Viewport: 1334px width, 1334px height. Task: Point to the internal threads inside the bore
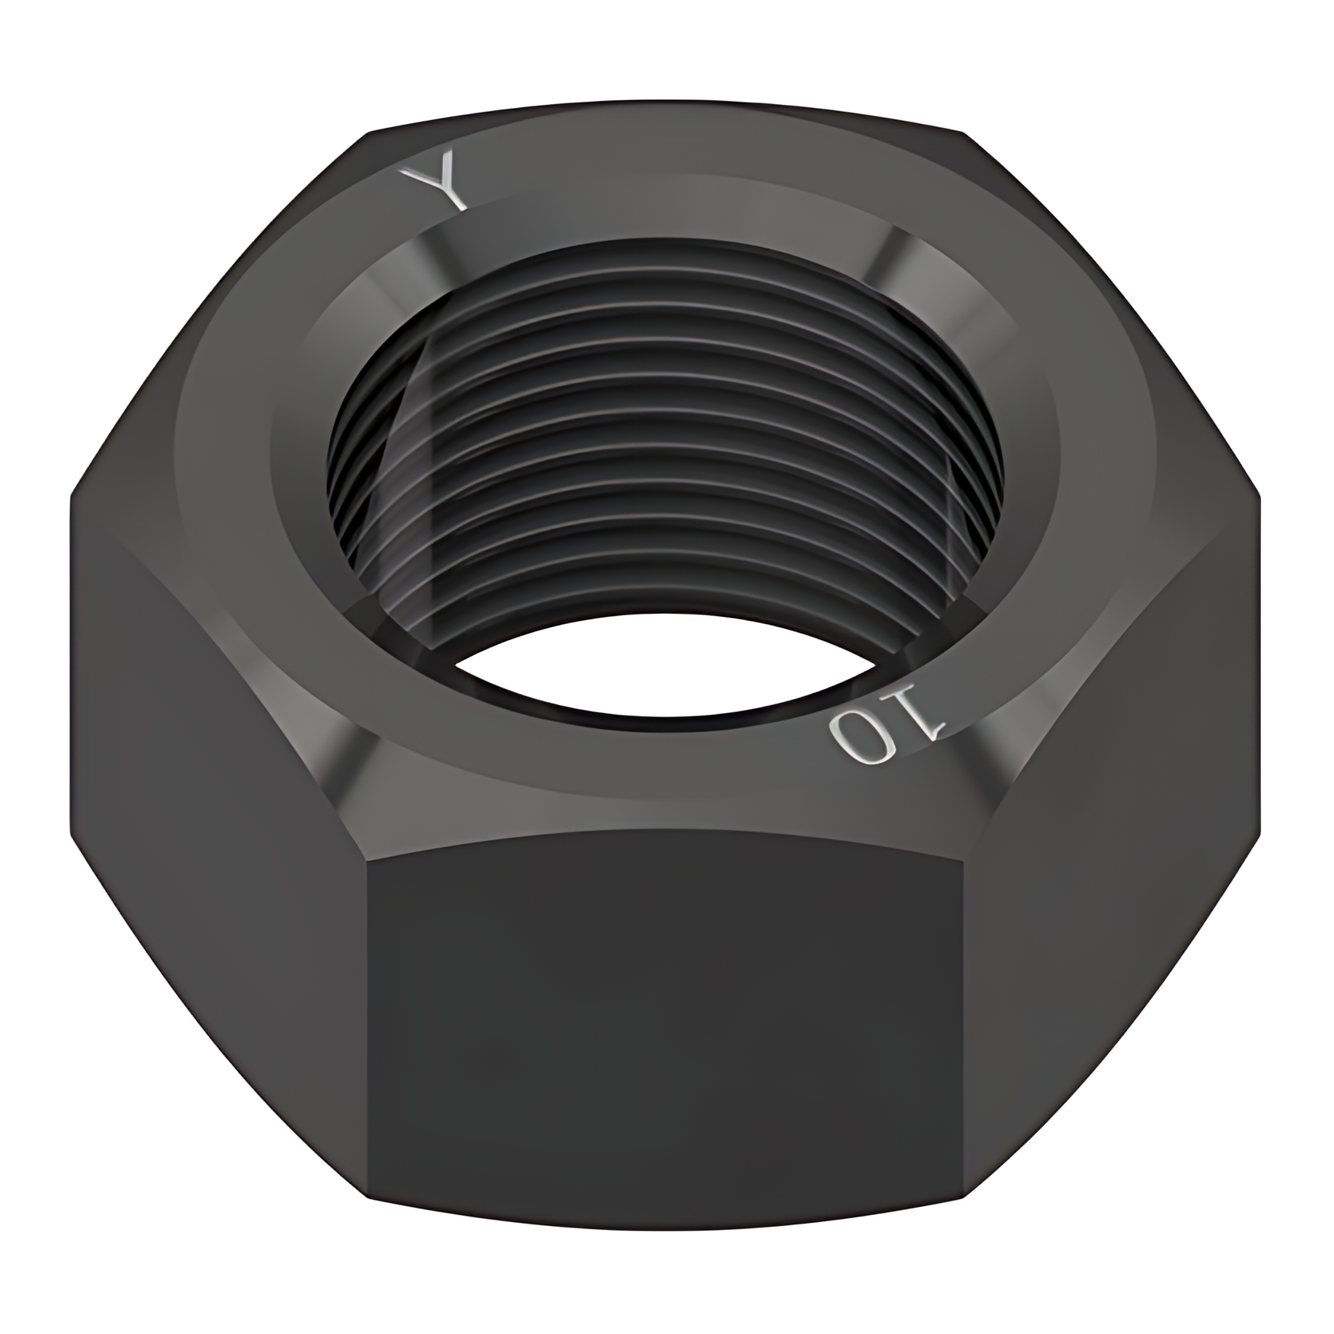tap(667, 445)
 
